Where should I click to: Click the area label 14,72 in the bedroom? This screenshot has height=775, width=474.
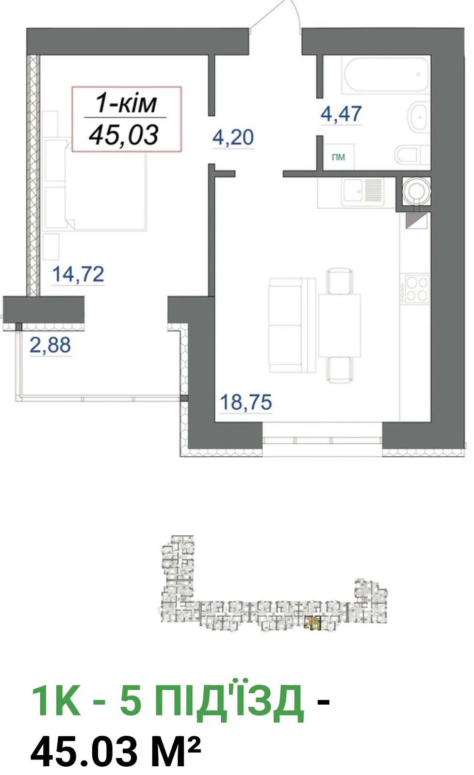[78, 274]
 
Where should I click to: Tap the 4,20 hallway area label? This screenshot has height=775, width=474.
[233, 138]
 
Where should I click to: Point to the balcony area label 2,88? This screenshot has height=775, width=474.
[50, 345]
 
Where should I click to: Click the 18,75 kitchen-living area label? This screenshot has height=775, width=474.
[246, 402]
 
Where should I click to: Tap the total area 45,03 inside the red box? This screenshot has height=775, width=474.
[124, 135]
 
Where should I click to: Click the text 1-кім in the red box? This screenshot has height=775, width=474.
[126, 103]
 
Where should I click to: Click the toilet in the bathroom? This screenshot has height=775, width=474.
[412, 155]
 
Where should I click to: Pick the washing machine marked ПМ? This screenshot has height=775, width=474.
[339, 157]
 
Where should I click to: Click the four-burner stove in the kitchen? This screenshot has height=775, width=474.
[415, 289]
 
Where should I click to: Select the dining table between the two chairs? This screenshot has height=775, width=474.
[340, 325]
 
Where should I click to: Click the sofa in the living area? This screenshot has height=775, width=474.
[292, 325]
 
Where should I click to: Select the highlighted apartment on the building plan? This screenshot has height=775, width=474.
[312, 622]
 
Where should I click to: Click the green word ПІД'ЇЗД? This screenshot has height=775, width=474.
[229, 704]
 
